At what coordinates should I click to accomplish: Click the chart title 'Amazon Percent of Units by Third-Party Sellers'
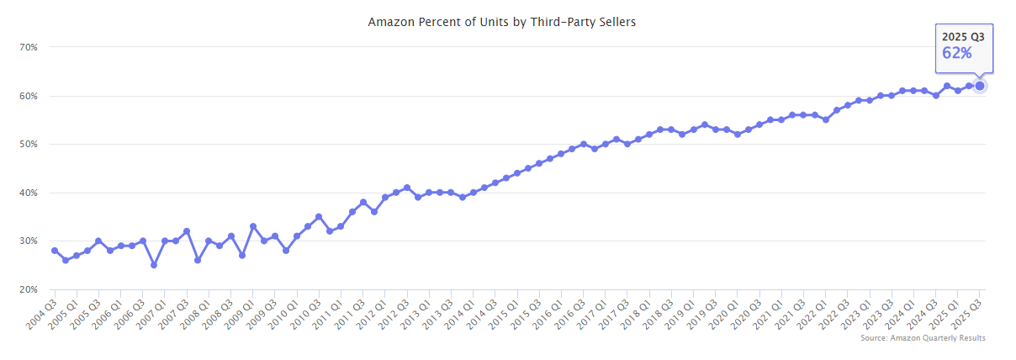point(501,22)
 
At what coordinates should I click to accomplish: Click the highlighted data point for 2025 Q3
point(980,86)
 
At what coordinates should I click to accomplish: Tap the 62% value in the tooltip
point(957,53)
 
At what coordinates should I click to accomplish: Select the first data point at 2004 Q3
point(55,251)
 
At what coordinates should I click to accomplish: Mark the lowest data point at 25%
point(154,265)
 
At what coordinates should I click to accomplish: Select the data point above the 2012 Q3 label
point(407,188)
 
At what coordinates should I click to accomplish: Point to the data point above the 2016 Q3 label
point(583,145)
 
